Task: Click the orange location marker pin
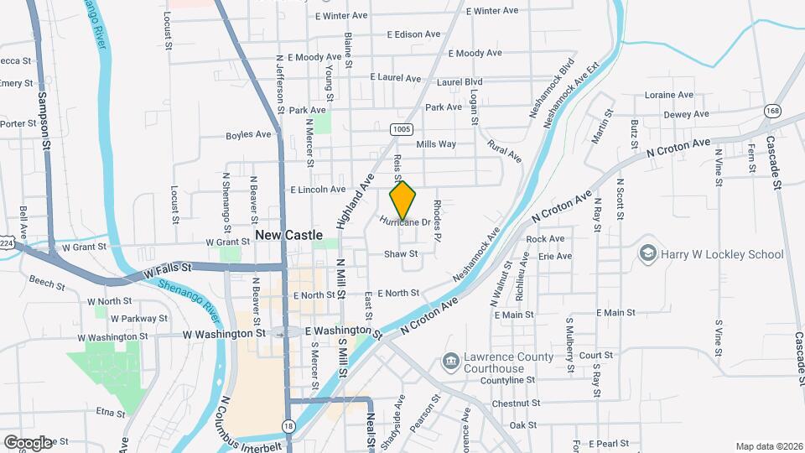point(403,200)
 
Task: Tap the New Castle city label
point(289,235)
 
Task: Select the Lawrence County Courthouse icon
point(450,362)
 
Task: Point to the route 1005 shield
point(401,128)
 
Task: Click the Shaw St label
point(401,253)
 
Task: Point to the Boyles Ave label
point(248,134)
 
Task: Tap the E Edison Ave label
point(413,34)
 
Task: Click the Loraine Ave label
point(669,95)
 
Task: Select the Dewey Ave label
point(686,114)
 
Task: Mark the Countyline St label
point(507,380)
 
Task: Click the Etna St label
point(110,413)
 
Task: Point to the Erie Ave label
point(555,256)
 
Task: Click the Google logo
point(28,442)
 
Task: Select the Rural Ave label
point(504,151)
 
